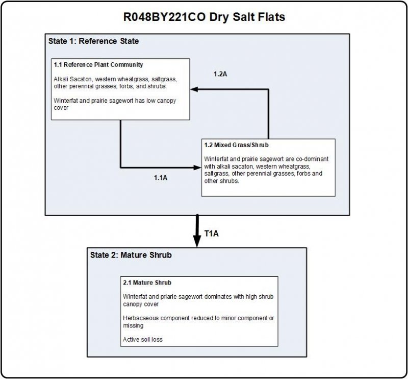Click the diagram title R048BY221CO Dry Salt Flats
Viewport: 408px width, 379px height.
point(204,17)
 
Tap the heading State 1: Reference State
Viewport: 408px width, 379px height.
point(94,41)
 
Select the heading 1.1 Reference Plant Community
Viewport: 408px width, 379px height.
point(98,65)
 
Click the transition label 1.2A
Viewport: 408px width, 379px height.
point(220,74)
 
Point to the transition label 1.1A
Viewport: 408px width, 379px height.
point(161,178)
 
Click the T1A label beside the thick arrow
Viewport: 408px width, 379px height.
point(211,234)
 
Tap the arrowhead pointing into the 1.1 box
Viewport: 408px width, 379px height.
point(194,89)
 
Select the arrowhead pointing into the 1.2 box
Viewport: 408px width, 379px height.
point(197,168)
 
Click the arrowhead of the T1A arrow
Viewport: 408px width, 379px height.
point(197,242)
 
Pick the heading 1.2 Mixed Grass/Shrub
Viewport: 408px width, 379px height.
point(236,145)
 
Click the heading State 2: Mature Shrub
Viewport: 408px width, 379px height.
point(131,255)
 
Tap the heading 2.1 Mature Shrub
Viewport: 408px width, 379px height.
point(147,283)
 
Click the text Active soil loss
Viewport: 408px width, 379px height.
point(143,340)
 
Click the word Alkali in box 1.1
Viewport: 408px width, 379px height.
point(61,79)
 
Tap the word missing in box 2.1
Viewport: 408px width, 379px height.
point(133,326)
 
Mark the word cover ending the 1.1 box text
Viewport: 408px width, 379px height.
point(61,108)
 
